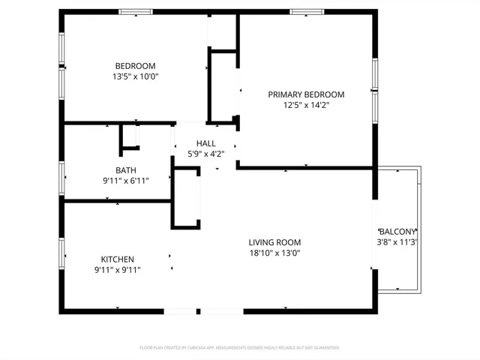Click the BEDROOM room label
coord(136,64)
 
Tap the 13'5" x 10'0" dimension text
coord(136,76)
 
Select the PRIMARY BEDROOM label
coord(306,94)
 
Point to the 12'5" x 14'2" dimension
coord(306,106)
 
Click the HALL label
coord(205,143)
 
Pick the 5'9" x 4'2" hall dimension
coord(205,154)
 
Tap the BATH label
coord(126,170)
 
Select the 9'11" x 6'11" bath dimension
coord(126,181)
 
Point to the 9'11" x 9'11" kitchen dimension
coord(117,270)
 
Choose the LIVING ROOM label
coord(274,242)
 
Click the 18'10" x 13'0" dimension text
coord(274,253)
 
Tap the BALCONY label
coord(397,232)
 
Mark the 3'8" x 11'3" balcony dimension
coord(397,242)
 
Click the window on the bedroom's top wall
coord(136,12)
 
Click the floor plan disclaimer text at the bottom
coord(240,348)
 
